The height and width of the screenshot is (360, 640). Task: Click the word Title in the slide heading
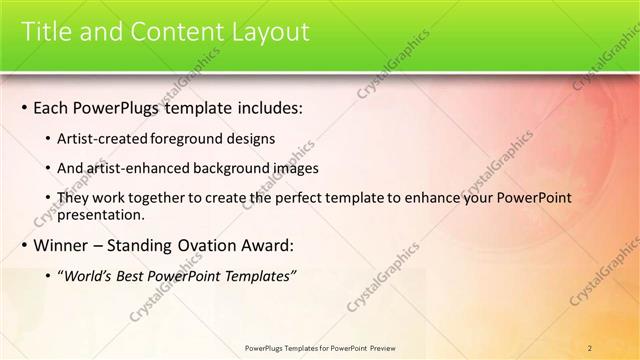point(47,32)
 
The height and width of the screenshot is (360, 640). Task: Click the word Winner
point(62,245)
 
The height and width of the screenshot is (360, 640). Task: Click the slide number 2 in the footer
point(590,347)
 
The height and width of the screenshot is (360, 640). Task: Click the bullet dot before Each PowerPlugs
point(24,108)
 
